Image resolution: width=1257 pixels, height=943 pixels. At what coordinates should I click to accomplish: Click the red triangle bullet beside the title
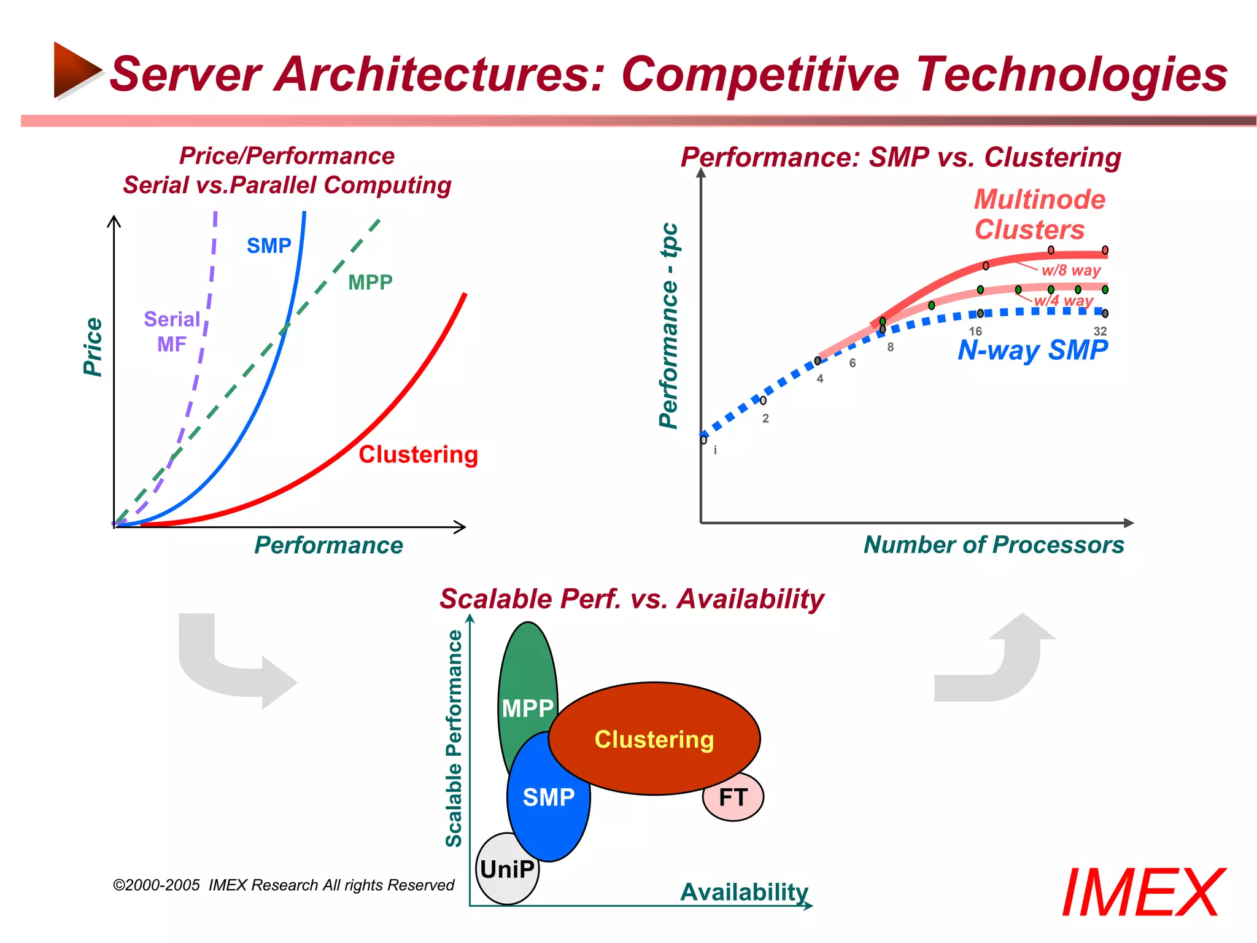pos(77,70)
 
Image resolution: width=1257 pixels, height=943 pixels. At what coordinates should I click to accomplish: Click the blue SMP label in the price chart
pos(269,246)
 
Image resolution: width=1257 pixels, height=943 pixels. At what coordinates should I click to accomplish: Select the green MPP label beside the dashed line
pos(370,282)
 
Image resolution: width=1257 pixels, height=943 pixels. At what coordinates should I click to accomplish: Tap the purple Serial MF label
pos(172,332)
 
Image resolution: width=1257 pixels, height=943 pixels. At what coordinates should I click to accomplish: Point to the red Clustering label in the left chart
pos(418,454)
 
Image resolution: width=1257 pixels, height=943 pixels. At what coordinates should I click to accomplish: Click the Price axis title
pos(93,347)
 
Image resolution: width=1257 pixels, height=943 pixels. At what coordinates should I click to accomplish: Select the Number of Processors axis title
pos(994,545)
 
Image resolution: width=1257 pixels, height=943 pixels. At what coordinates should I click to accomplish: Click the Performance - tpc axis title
pos(668,325)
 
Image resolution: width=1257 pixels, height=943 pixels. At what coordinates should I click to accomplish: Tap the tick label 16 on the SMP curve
pos(975,331)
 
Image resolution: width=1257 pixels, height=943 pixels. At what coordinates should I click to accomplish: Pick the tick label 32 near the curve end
pos(1100,331)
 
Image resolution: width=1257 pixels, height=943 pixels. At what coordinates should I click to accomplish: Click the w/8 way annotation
pos(1071,270)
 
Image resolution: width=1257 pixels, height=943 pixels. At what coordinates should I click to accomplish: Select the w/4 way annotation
pos(1064,301)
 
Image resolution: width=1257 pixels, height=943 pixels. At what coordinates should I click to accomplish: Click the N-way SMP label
pos(1032,350)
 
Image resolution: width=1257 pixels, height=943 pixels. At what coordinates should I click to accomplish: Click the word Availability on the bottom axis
pos(744,891)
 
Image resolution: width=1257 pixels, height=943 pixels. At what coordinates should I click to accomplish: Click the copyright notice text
pos(284,885)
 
